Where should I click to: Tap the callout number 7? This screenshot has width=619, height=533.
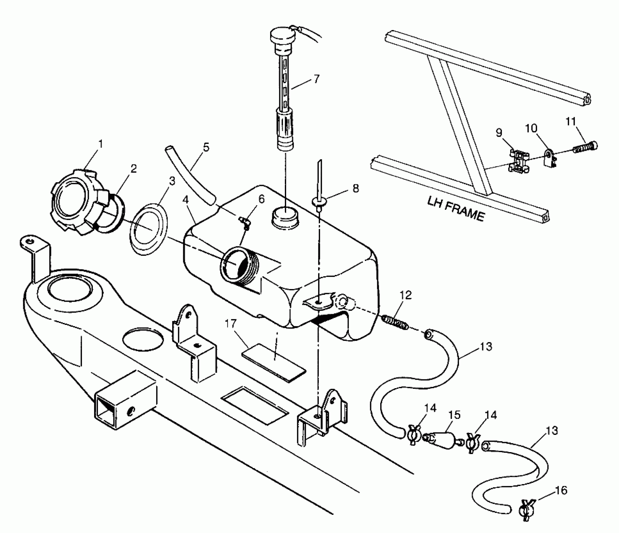point(317,79)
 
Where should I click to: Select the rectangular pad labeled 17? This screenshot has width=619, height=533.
point(274,362)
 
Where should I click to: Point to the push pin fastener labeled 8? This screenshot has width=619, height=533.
point(319,201)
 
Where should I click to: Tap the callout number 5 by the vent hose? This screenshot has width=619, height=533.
point(206,147)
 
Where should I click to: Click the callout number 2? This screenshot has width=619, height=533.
point(134,169)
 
